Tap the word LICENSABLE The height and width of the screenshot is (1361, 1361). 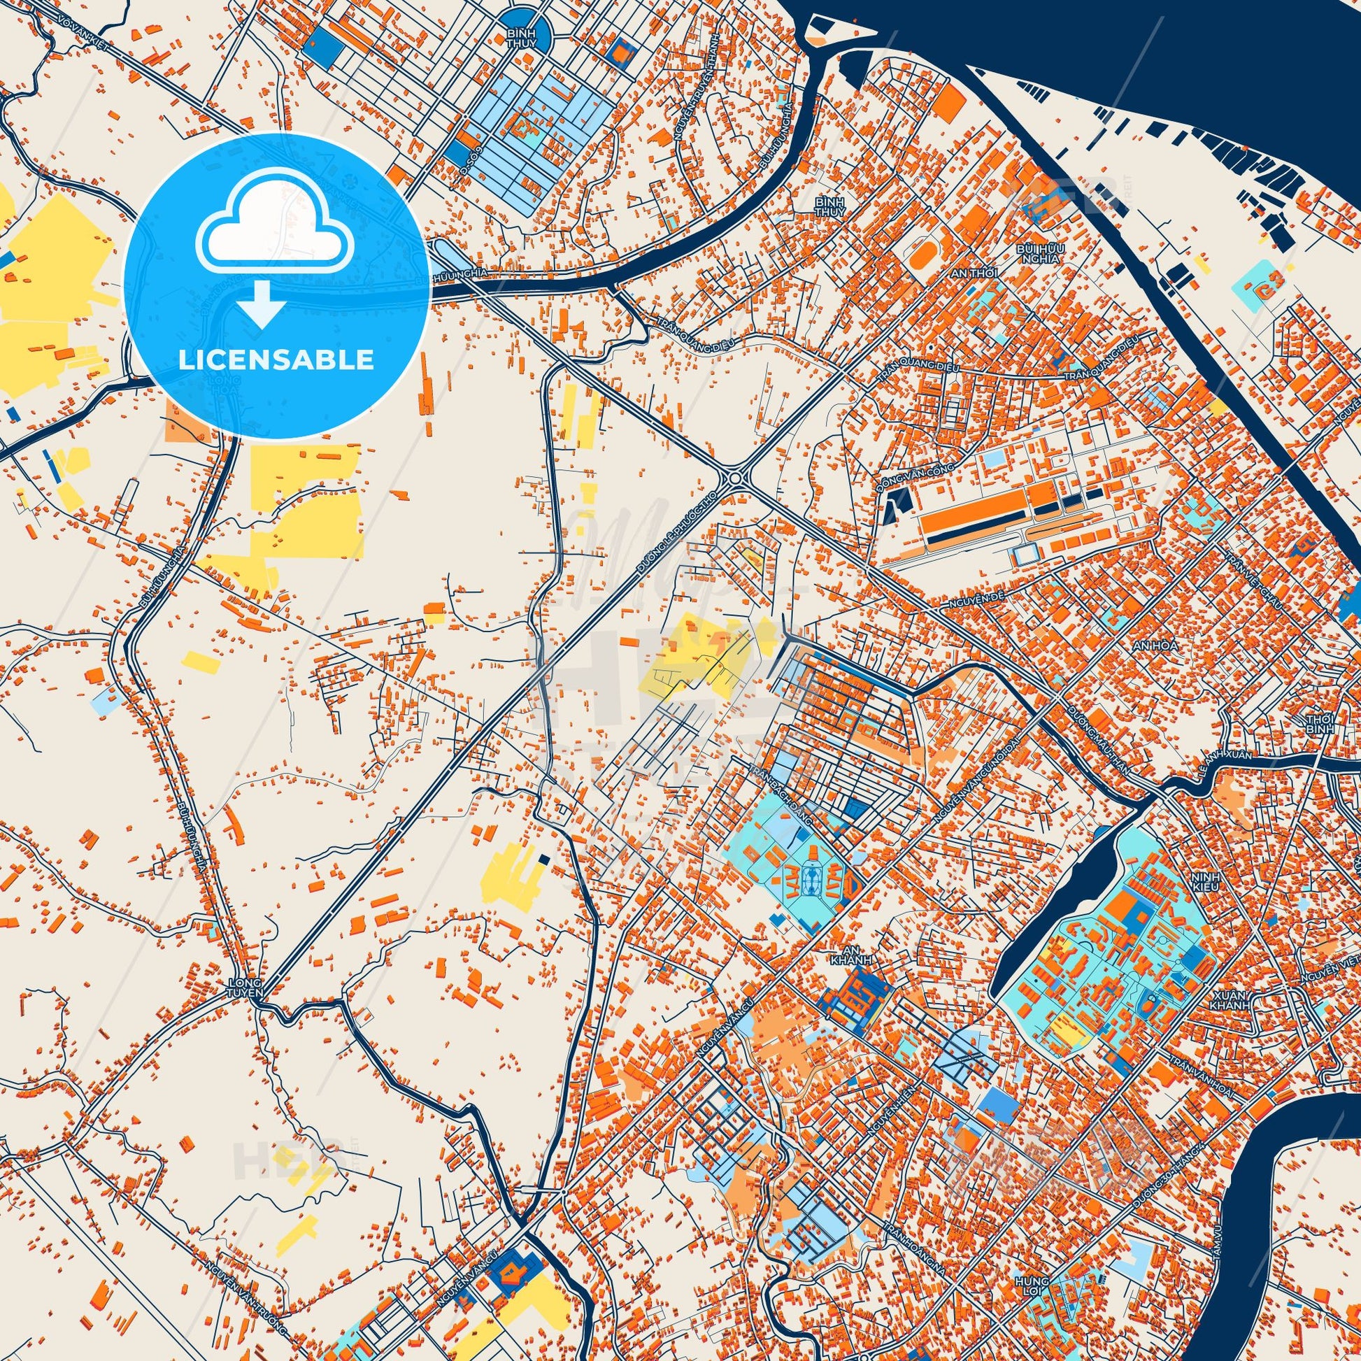(276, 360)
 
